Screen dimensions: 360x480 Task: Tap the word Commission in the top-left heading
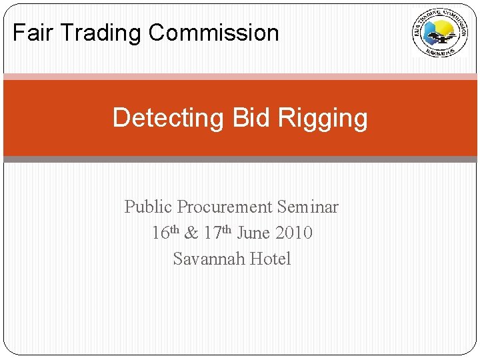click(x=214, y=33)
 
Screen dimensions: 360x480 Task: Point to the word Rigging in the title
click(x=323, y=118)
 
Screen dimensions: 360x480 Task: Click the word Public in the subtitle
click(x=148, y=207)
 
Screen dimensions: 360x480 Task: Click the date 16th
click(x=165, y=233)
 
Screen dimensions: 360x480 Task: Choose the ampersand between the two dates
click(x=191, y=233)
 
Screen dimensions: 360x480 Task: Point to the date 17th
click(x=217, y=233)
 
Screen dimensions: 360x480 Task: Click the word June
click(x=254, y=233)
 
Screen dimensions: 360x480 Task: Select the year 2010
click(x=293, y=233)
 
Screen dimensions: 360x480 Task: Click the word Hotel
click(x=270, y=259)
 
